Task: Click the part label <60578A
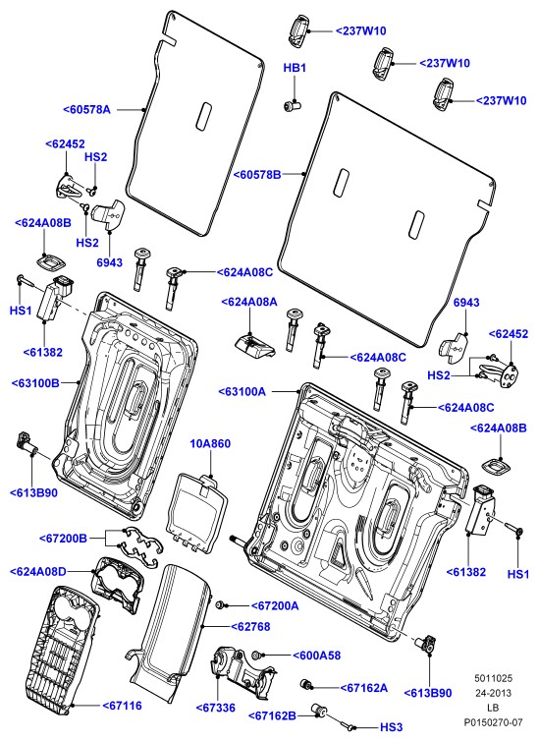coord(86,109)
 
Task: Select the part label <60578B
coord(257,175)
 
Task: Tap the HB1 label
coord(295,68)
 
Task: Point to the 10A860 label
coord(210,444)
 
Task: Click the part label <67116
coord(123,706)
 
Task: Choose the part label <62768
coord(250,627)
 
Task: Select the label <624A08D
coord(38,572)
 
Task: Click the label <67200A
coord(275,605)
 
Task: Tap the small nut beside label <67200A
coord(220,605)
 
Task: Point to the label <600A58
coord(317,656)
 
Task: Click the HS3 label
coord(391,727)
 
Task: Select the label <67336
coord(216,708)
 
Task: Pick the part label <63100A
coord(242,392)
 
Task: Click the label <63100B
coord(36,382)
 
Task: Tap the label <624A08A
coord(249,302)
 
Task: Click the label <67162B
coord(272,716)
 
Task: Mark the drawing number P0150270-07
coord(493,722)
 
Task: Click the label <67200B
coord(64,538)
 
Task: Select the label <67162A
coord(364,688)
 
